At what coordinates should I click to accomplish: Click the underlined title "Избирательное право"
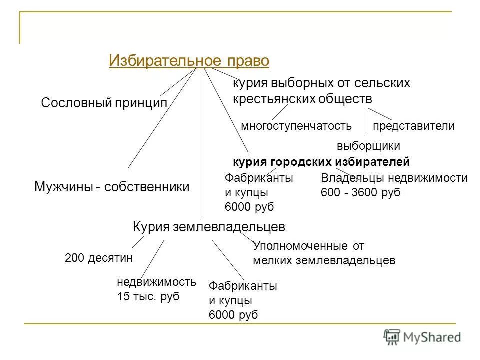click(189, 61)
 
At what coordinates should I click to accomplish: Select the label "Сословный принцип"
click(104, 103)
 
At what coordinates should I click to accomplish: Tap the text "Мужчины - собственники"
click(112, 187)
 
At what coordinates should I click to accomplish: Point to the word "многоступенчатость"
click(296, 126)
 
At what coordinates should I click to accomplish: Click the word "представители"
click(414, 126)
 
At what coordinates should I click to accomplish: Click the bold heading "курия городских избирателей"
click(321, 162)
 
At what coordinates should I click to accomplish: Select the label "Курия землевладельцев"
click(209, 227)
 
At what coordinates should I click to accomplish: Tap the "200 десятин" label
click(100, 258)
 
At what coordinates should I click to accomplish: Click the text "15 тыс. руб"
click(148, 296)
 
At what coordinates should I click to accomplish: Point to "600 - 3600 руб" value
click(360, 193)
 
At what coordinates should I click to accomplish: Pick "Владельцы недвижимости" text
click(394, 178)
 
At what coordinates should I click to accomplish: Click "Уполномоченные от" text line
click(309, 246)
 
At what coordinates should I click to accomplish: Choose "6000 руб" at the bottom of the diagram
click(233, 315)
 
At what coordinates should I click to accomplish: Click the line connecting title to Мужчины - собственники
click(160, 120)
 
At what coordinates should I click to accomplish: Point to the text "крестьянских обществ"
click(302, 98)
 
